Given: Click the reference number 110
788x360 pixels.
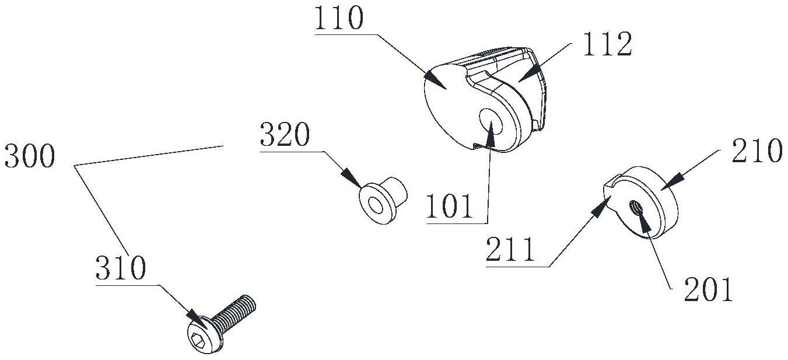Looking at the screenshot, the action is click(338, 18).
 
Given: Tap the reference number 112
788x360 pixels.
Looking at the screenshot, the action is click(608, 44).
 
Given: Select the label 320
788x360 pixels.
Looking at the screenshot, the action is click(285, 135).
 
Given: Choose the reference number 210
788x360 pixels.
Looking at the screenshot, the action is click(758, 151).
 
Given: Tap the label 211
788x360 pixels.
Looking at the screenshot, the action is click(510, 249).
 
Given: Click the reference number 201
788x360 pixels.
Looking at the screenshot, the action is click(708, 289).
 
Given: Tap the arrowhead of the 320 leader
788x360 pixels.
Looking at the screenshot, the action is click(352, 179).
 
